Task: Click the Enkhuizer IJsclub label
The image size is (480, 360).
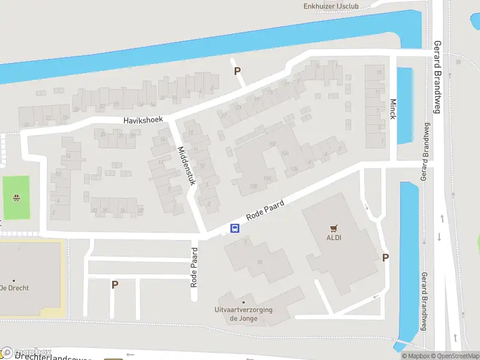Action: click(x=332, y=6)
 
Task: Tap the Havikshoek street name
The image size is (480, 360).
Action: click(x=143, y=120)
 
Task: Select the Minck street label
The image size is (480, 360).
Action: click(x=393, y=109)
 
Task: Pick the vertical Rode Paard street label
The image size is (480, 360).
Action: click(x=194, y=268)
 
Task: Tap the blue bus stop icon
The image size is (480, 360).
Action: click(x=235, y=228)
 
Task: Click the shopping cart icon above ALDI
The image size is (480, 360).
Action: click(x=334, y=228)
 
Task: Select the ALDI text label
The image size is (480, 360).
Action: click(x=334, y=237)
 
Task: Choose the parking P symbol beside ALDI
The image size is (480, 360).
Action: click(x=386, y=257)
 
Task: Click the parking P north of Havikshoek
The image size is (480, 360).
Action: click(x=238, y=71)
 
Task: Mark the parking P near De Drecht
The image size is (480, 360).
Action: click(x=114, y=284)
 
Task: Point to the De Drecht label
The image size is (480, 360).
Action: click(x=15, y=288)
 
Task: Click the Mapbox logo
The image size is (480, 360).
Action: click(x=27, y=352)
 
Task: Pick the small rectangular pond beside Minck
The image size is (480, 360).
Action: click(x=405, y=106)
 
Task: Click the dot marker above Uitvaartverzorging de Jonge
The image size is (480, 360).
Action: click(x=244, y=302)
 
